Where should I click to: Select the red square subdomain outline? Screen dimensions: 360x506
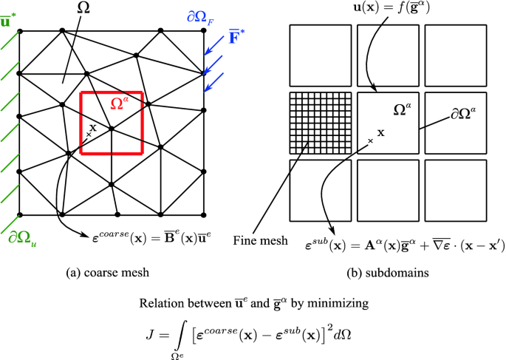tap(81, 122)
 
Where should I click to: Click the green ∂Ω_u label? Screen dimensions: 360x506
tap(23, 237)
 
